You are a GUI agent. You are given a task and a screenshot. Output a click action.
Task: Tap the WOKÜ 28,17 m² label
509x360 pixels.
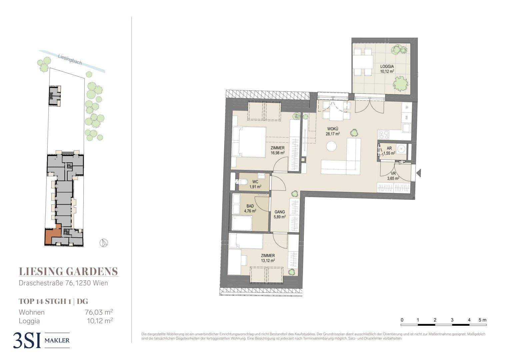point(333,131)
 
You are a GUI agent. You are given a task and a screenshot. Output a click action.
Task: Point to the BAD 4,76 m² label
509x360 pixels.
point(250,208)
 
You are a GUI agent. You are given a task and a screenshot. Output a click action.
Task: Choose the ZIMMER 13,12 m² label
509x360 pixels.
point(268,258)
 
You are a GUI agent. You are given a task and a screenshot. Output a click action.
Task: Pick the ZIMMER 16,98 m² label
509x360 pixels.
point(278,150)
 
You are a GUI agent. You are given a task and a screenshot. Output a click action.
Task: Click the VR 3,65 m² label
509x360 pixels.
point(393,176)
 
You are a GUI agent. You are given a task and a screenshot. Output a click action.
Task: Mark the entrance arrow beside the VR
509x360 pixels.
point(419,173)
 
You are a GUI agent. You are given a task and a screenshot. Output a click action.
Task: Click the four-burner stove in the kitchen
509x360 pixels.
point(384,134)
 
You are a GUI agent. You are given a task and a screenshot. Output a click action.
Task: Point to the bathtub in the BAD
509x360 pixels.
point(242,223)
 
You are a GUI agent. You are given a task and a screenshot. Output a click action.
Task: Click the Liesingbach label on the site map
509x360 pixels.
point(70,59)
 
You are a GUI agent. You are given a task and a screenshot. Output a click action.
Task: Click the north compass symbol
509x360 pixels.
point(104,243)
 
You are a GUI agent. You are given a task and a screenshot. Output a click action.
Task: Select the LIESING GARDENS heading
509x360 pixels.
point(68,271)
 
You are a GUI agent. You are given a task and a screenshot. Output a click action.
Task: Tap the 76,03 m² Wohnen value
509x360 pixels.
point(99,312)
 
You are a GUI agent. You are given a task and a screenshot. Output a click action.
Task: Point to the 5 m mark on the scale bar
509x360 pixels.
point(483,320)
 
